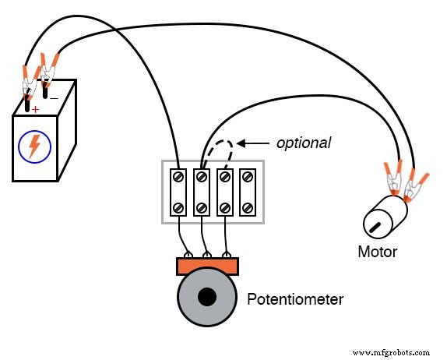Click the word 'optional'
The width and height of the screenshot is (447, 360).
coord(304,143)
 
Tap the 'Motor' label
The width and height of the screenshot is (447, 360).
coord(377,252)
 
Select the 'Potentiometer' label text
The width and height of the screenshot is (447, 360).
coord(295,298)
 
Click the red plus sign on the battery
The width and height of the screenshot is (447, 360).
coord(35,108)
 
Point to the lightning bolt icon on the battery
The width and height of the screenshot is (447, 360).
coord(34,146)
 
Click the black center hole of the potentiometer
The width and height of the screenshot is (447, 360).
coord(206,297)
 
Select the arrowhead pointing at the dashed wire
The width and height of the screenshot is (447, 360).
coord(242,143)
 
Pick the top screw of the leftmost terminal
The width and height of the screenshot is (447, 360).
coord(179,177)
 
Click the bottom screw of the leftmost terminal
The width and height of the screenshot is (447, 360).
coord(179,207)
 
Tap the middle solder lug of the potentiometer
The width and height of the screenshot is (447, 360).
coord(206,254)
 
